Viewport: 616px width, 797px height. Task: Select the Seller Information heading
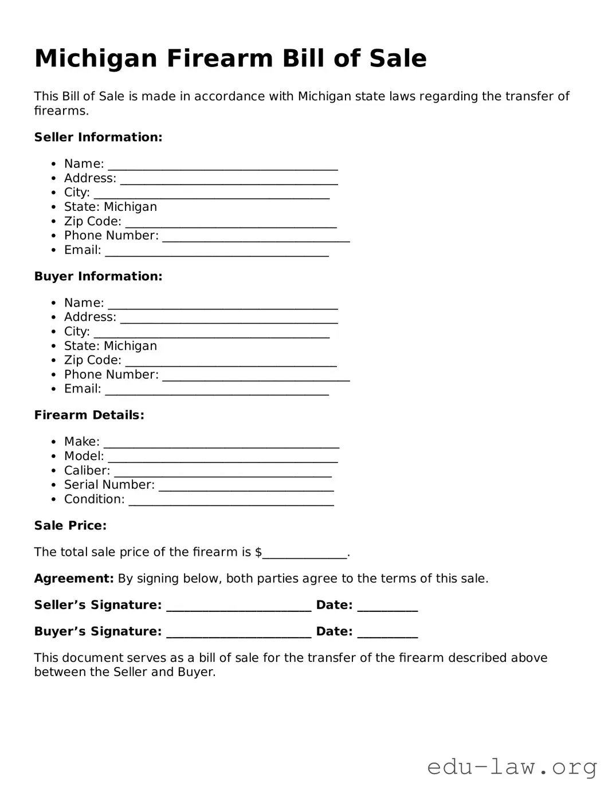click(x=98, y=137)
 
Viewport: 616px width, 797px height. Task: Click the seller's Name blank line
click(x=223, y=166)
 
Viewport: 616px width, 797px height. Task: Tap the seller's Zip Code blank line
click(x=231, y=223)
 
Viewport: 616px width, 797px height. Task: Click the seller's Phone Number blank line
click(x=256, y=238)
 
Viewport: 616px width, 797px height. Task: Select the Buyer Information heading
click(x=98, y=276)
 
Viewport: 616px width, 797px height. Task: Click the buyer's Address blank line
click(x=229, y=319)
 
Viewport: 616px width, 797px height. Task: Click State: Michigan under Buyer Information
click(x=110, y=346)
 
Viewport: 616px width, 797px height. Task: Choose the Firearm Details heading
click(x=89, y=415)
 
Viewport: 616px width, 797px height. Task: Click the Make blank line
click(x=221, y=443)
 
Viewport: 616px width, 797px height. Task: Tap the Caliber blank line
click(x=222, y=473)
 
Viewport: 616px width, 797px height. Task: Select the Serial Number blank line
click(x=246, y=487)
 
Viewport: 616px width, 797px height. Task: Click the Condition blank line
click(x=231, y=501)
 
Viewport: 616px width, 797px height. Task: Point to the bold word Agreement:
click(x=74, y=578)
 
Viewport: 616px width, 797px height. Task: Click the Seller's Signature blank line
click(x=238, y=607)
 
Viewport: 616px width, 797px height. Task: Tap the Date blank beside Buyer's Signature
click(x=387, y=634)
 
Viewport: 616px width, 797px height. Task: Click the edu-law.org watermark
click(x=512, y=766)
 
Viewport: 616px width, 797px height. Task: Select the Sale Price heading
click(x=70, y=525)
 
